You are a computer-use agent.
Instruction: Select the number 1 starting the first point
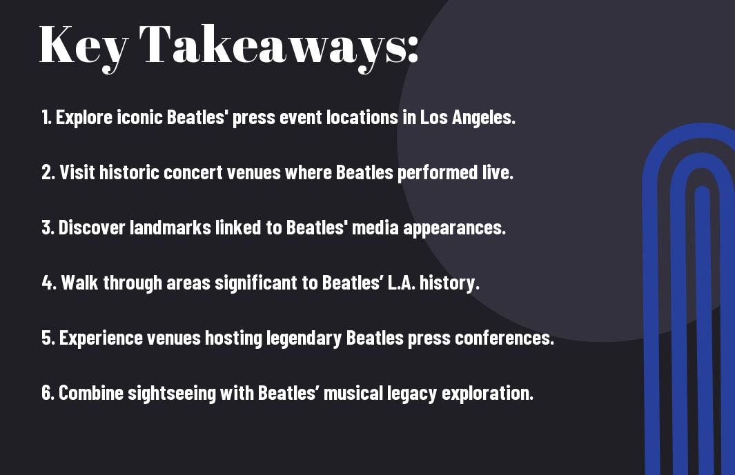[46, 117]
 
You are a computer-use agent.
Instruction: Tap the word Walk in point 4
[79, 283]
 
